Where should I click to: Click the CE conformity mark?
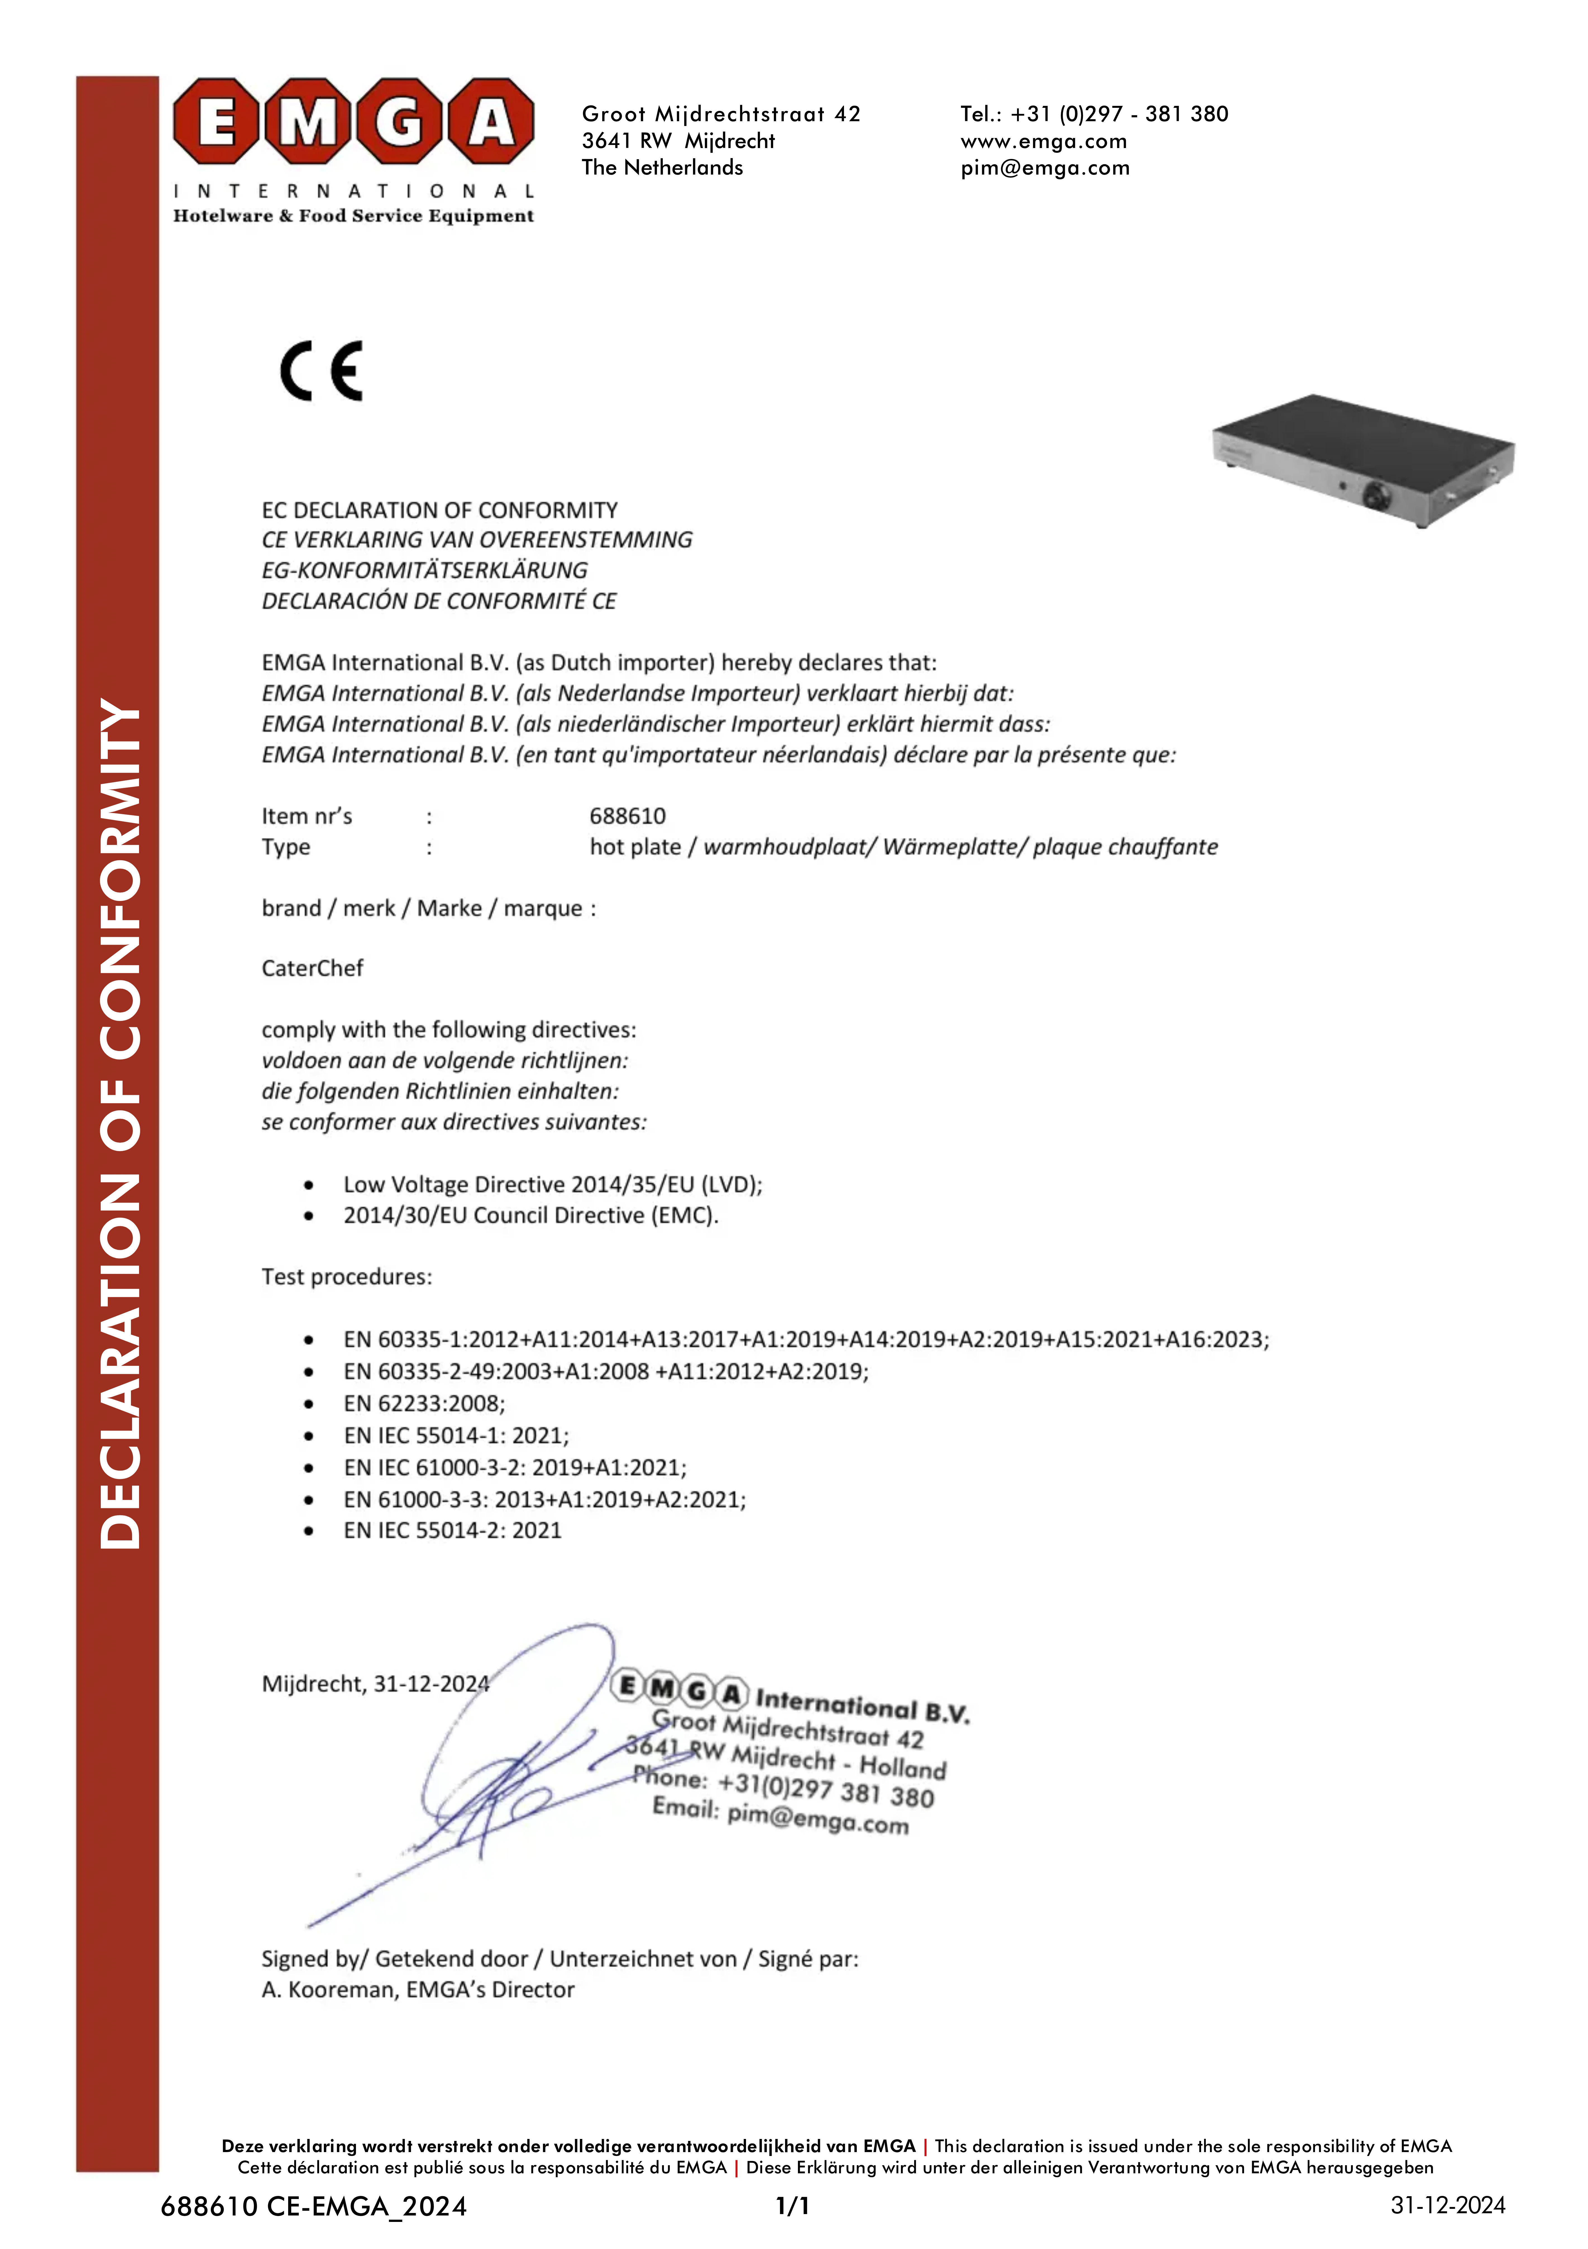[x=321, y=371]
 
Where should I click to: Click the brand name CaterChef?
[x=312, y=968]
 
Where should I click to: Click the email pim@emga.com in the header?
[x=1045, y=168]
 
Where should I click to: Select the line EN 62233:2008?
[x=424, y=1403]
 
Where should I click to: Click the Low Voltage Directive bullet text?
[x=552, y=1184]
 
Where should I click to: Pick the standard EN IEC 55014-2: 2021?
[x=452, y=1530]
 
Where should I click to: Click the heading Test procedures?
[x=346, y=1276]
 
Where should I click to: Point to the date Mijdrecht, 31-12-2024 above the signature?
[x=375, y=1683]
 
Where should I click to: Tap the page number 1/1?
[x=792, y=2206]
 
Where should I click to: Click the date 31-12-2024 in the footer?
[x=1447, y=2205]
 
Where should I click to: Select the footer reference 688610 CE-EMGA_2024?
[x=313, y=2206]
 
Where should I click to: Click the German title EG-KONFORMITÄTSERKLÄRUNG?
[x=424, y=570]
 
